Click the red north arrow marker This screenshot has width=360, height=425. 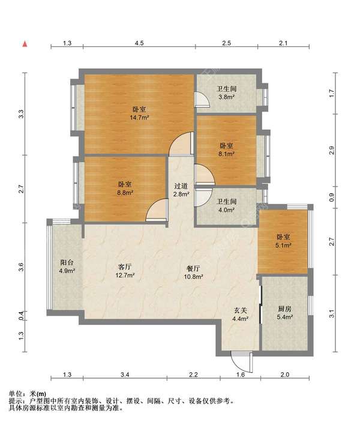(x=25, y=44)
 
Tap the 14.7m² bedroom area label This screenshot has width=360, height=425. (x=140, y=113)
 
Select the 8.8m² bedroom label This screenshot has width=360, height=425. (x=125, y=188)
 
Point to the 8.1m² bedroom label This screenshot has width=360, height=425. (x=226, y=150)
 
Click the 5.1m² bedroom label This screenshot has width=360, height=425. (x=284, y=241)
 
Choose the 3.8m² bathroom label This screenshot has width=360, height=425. (x=226, y=92)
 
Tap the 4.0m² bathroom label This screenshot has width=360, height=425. (x=226, y=205)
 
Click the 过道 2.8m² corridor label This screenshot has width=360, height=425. (x=181, y=190)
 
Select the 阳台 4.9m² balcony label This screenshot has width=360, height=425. (x=67, y=267)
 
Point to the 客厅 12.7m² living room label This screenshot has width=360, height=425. (x=125, y=271)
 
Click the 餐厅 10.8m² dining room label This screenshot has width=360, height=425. (x=193, y=273)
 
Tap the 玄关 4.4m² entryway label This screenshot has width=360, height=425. (x=240, y=315)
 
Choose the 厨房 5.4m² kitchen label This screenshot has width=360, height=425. (x=284, y=313)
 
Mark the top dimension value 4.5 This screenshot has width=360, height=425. (x=139, y=43)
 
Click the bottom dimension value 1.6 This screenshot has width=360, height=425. (x=241, y=375)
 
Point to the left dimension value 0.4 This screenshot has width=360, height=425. (x=22, y=315)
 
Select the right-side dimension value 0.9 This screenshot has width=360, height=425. (x=332, y=197)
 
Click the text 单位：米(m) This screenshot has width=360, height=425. (x=28, y=394)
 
